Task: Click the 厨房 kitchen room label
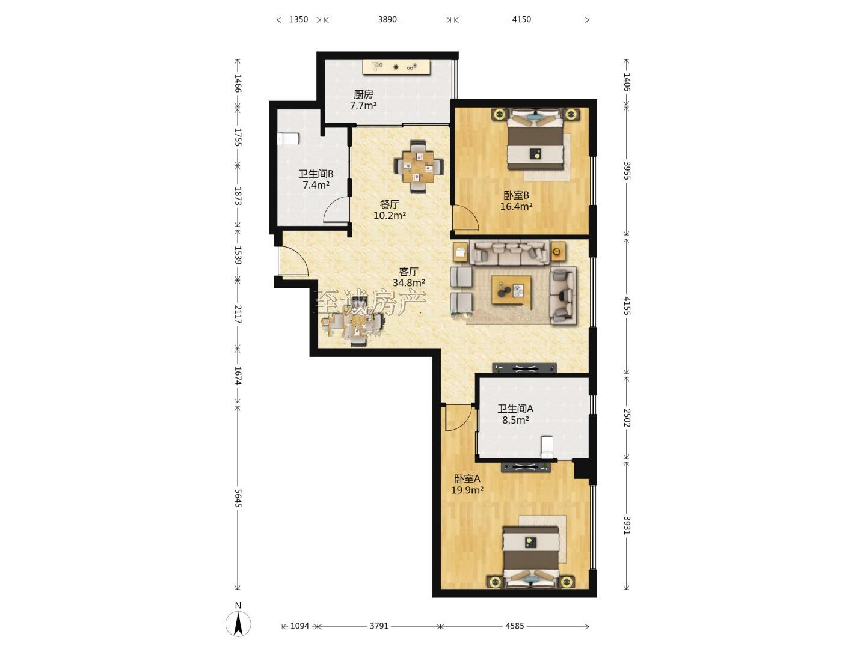pyautogui.click(x=363, y=94)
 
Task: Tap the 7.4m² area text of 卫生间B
pyautogui.click(x=316, y=185)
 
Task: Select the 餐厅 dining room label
pyautogui.click(x=390, y=204)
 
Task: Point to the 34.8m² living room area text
pyautogui.click(x=409, y=282)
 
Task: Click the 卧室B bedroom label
pyautogui.click(x=516, y=195)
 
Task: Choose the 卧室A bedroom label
pyautogui.click(x=467, y=479)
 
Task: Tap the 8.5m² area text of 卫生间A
pyautogui.click(x=515, y=420)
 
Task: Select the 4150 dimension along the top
pyautogui.click(x=521, y=19)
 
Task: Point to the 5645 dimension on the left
pyautogui.click(x=238, y=499)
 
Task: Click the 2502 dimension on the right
pyautogui.click(x=627, y=418)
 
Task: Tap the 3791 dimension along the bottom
pyautogui.click(x=379, y=626)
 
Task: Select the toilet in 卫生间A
pyautogui.click(x=547, y=446)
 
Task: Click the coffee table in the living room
pyautogui.click(x=511, y=290)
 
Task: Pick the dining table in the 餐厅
pyautogui.click(x=418, y=167)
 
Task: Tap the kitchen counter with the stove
pyautogui.click(x=396, y=67)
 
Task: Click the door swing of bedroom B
pyautogui.click(x=465, y=218)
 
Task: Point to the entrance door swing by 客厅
pyautogui.click(x=293, y=260)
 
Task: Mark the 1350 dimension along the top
pyautogui.click(x=298, y=19)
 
